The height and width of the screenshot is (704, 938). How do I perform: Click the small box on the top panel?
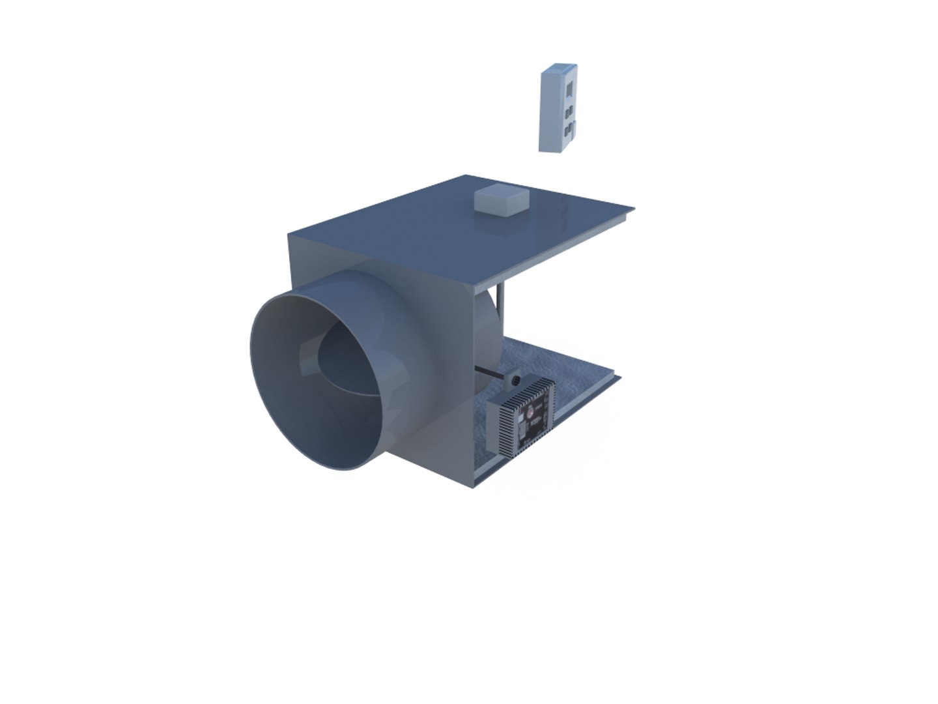coord(501,199)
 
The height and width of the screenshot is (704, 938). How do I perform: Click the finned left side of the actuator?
coord(500,424)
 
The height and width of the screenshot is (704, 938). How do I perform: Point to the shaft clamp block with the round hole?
coord(513,379)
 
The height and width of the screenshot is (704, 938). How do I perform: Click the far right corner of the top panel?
coord(633,209)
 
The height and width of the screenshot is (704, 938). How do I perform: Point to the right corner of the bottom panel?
coord(619,377)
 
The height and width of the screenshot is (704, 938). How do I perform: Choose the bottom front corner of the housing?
coord(474,486)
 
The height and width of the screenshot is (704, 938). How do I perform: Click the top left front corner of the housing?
coord(289,233)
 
